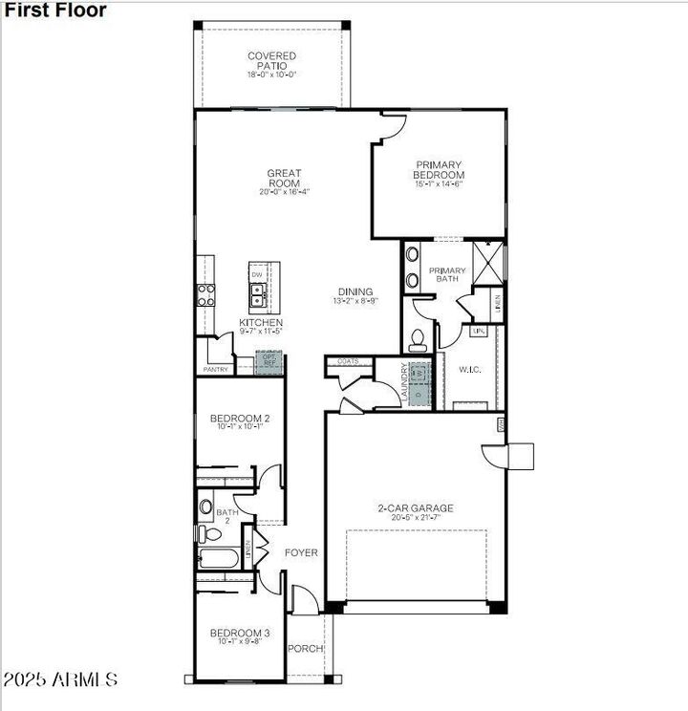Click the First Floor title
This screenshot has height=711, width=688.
tap(54, 11)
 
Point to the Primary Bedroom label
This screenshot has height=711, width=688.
tap(439, 170)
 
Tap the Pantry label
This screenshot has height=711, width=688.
tap(216, 369)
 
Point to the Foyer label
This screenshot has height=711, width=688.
tap(301, 553)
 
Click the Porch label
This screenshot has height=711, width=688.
tap(306, 650)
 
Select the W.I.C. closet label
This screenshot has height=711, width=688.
tap(469, 369)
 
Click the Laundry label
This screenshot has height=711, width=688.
tap(404, 383)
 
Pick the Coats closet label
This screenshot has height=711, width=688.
tap(348, 361)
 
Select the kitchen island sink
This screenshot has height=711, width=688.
tap(256, 295)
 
